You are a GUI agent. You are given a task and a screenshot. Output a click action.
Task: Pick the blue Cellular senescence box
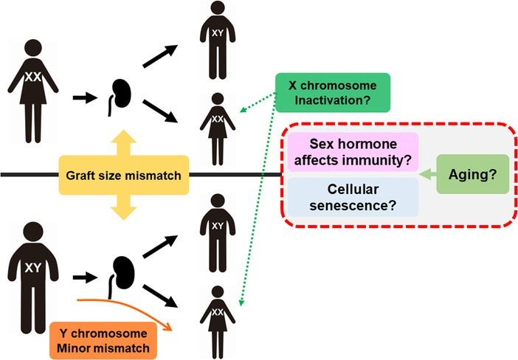[353, 197]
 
